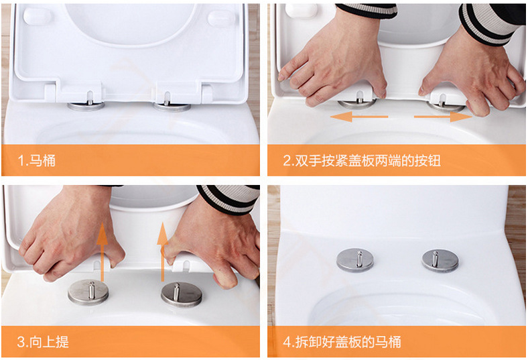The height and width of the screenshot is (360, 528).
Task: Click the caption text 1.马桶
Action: (36, 160)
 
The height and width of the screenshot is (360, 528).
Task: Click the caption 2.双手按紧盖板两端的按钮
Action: (362, 161)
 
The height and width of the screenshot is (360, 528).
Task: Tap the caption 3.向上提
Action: (43, 342)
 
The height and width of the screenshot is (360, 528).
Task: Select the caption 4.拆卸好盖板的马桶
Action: (342, 342)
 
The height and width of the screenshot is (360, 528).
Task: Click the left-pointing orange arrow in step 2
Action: (359, 117)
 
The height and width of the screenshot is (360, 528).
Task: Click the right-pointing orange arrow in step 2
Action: (443, 117)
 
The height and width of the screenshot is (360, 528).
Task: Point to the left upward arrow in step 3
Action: (102, 251)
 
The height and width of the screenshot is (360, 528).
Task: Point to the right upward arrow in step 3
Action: (163, 251)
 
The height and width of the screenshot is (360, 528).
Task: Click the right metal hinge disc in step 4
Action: (440, 261)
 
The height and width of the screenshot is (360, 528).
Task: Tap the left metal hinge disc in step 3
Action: (88, 292)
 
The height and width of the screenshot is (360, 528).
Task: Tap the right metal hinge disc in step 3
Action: (182, 294)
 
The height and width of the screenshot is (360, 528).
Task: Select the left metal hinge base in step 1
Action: (86, 106)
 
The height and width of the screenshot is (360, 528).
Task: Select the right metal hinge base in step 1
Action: (172, 107)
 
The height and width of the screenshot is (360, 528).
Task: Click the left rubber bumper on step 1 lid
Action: (38, 16)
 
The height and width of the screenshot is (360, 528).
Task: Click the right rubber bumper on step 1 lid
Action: (221, 18)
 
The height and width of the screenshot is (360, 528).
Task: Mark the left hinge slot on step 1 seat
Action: (90, 98)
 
